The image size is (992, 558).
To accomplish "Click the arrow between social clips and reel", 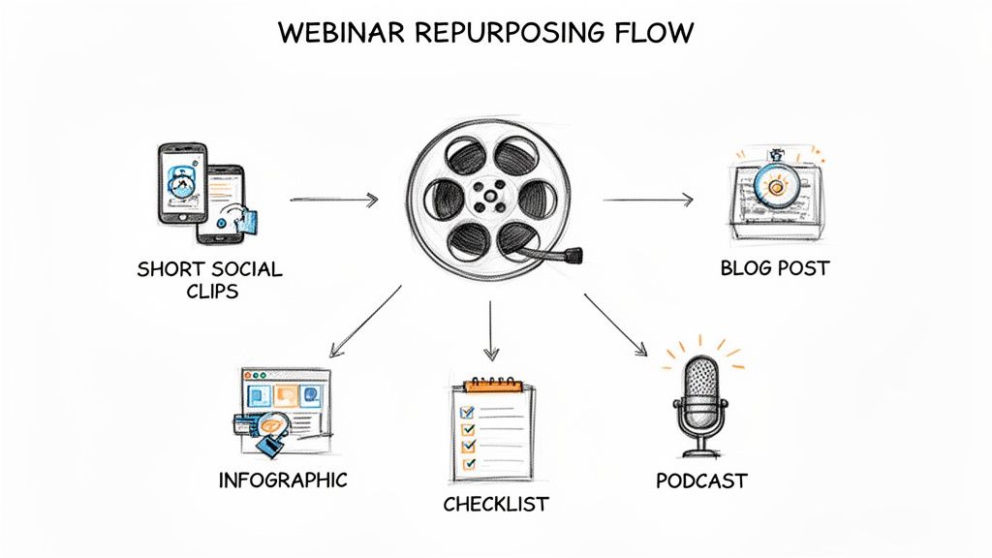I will (333, 201).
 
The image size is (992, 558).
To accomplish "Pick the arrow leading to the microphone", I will (614, 324).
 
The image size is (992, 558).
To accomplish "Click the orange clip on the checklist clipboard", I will (491, 385).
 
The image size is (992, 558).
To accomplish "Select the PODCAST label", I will (701, 480).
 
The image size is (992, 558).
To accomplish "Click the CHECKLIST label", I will (495, 504).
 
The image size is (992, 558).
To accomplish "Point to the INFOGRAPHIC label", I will (283, 480).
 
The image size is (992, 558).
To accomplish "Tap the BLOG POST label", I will (775, 267).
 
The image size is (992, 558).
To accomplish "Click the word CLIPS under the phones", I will (209, 291).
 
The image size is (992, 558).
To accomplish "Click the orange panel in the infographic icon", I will (286, 395).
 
